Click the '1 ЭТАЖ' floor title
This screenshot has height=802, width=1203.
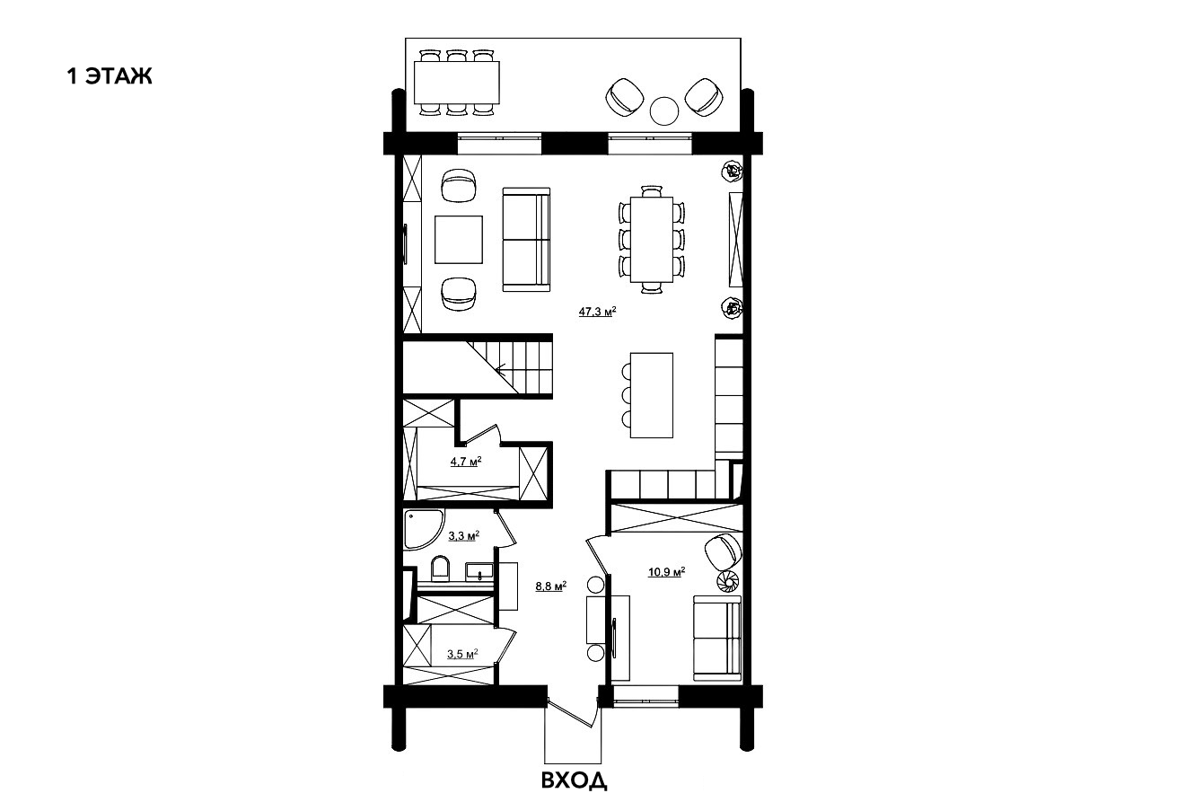point(110,76)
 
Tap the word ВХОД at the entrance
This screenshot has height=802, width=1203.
point(574,780)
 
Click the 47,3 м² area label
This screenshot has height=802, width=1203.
point(597,311)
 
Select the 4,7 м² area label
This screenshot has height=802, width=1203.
point(466,461)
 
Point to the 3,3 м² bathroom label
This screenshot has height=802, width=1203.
point(464,535)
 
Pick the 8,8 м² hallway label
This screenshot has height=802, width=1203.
point(551,586)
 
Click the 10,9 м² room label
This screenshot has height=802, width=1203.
point(666,571)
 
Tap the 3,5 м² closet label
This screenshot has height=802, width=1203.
point(462,654)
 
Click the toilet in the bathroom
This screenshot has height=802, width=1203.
point(441,569)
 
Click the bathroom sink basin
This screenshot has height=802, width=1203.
point(479,571)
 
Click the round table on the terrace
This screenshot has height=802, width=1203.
point(664,111)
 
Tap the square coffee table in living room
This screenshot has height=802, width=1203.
point(459,240)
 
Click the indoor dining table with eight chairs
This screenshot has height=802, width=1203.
point(652,240)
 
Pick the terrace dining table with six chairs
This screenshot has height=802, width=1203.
point(457,83)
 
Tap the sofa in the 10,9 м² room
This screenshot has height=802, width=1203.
point(717,638)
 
